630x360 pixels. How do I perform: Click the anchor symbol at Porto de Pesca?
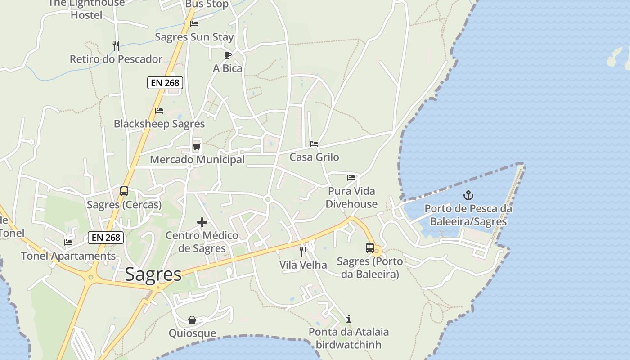(x=468, y=195)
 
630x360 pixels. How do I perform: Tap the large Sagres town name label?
(x=153, y=274)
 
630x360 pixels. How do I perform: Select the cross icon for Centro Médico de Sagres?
(x=202, y=222)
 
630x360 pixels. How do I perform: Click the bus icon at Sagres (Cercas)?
(x=124, y=191)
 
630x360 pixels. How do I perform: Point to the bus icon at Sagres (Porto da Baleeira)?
(x=370, y=248)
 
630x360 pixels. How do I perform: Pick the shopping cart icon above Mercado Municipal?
(x=197, y=146)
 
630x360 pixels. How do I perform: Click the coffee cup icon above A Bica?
(x=228, y=55)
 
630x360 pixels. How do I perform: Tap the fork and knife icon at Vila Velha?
(x=303, y=251)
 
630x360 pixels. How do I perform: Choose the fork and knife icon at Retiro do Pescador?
(x=116, y=45)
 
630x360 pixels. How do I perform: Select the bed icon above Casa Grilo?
(x=314, y=144)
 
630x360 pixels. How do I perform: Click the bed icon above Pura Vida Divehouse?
(x=351, y=178)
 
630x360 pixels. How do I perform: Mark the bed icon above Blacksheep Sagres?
(x=159, y=111)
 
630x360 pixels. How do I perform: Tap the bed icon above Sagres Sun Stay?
(x=194, y=24)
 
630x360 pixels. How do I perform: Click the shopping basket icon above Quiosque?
(x=192, y=320)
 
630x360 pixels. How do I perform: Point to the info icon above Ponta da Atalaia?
(x=348, y=319)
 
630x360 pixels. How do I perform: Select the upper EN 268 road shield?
(x=165, y=83)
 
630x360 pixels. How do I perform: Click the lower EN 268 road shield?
(x=106, y=237)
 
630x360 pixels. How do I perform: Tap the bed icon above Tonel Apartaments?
(x=68, y=243)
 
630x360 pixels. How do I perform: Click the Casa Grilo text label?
(x=314, y=157)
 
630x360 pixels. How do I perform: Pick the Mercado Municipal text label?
(x=197, y=160)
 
